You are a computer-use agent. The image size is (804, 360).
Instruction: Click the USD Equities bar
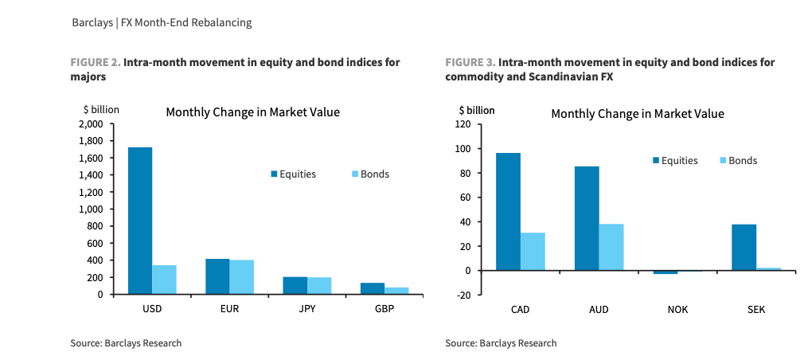click(139, 221)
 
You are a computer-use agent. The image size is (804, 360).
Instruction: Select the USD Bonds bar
click(164, 280)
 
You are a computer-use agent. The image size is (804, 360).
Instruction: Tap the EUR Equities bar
click(217, 276)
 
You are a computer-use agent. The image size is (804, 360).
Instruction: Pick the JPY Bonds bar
click(319, 285)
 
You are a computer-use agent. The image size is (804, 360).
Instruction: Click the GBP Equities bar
click(372, 288)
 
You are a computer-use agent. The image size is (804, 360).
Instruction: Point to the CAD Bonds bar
click(533, 251)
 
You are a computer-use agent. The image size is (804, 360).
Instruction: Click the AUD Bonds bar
click(611, 247)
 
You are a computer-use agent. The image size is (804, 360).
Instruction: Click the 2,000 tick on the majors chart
click(91, 124)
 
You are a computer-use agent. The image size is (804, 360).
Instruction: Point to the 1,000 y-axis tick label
click(91, 209)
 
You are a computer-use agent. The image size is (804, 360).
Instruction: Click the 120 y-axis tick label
click(462, 124)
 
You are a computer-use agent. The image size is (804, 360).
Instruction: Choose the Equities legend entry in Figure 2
click(293, 174)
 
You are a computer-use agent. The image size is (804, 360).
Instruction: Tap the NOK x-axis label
click(677, 309)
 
